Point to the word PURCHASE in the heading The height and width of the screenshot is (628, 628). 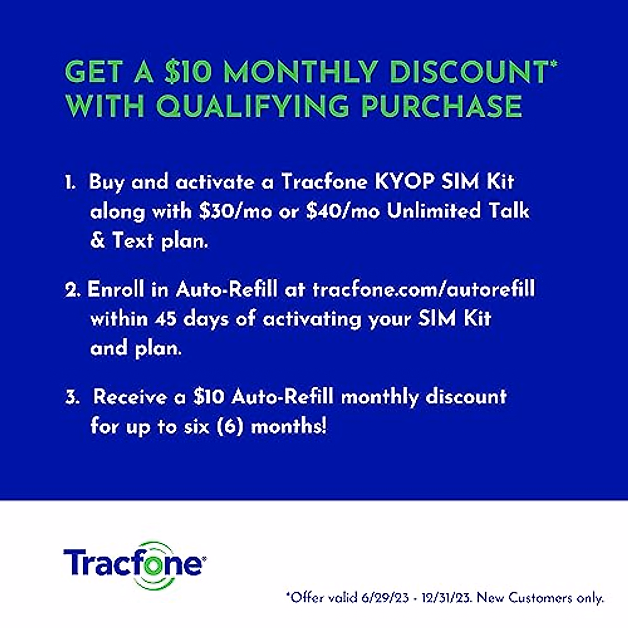[442, 106]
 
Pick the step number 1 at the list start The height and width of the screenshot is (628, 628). [70, 183]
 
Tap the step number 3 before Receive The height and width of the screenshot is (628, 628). [72, 397]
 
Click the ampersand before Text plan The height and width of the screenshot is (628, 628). [97, 241]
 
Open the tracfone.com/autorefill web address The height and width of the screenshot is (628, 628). [423, 289]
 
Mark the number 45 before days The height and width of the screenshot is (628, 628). [165, 319]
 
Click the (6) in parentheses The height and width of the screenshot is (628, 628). [230, 427]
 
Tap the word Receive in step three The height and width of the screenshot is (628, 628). [130, 397]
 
